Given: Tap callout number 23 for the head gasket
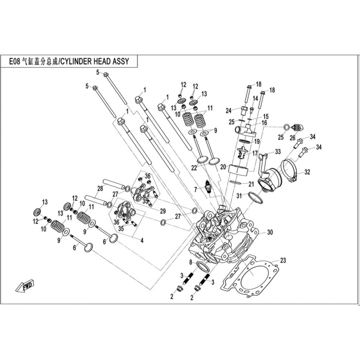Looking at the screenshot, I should (283, 260).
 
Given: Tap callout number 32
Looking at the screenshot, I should (307, 172).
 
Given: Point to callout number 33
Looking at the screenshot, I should (278, 151).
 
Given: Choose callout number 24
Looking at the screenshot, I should (229, 110).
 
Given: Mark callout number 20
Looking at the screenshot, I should (223, 166).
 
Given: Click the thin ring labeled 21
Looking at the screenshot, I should (238, 183).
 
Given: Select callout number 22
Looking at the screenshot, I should (193, 168).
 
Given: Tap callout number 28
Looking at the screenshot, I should (100, 188).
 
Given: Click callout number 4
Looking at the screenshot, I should (142, 241).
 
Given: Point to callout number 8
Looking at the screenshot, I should (190, 262).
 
